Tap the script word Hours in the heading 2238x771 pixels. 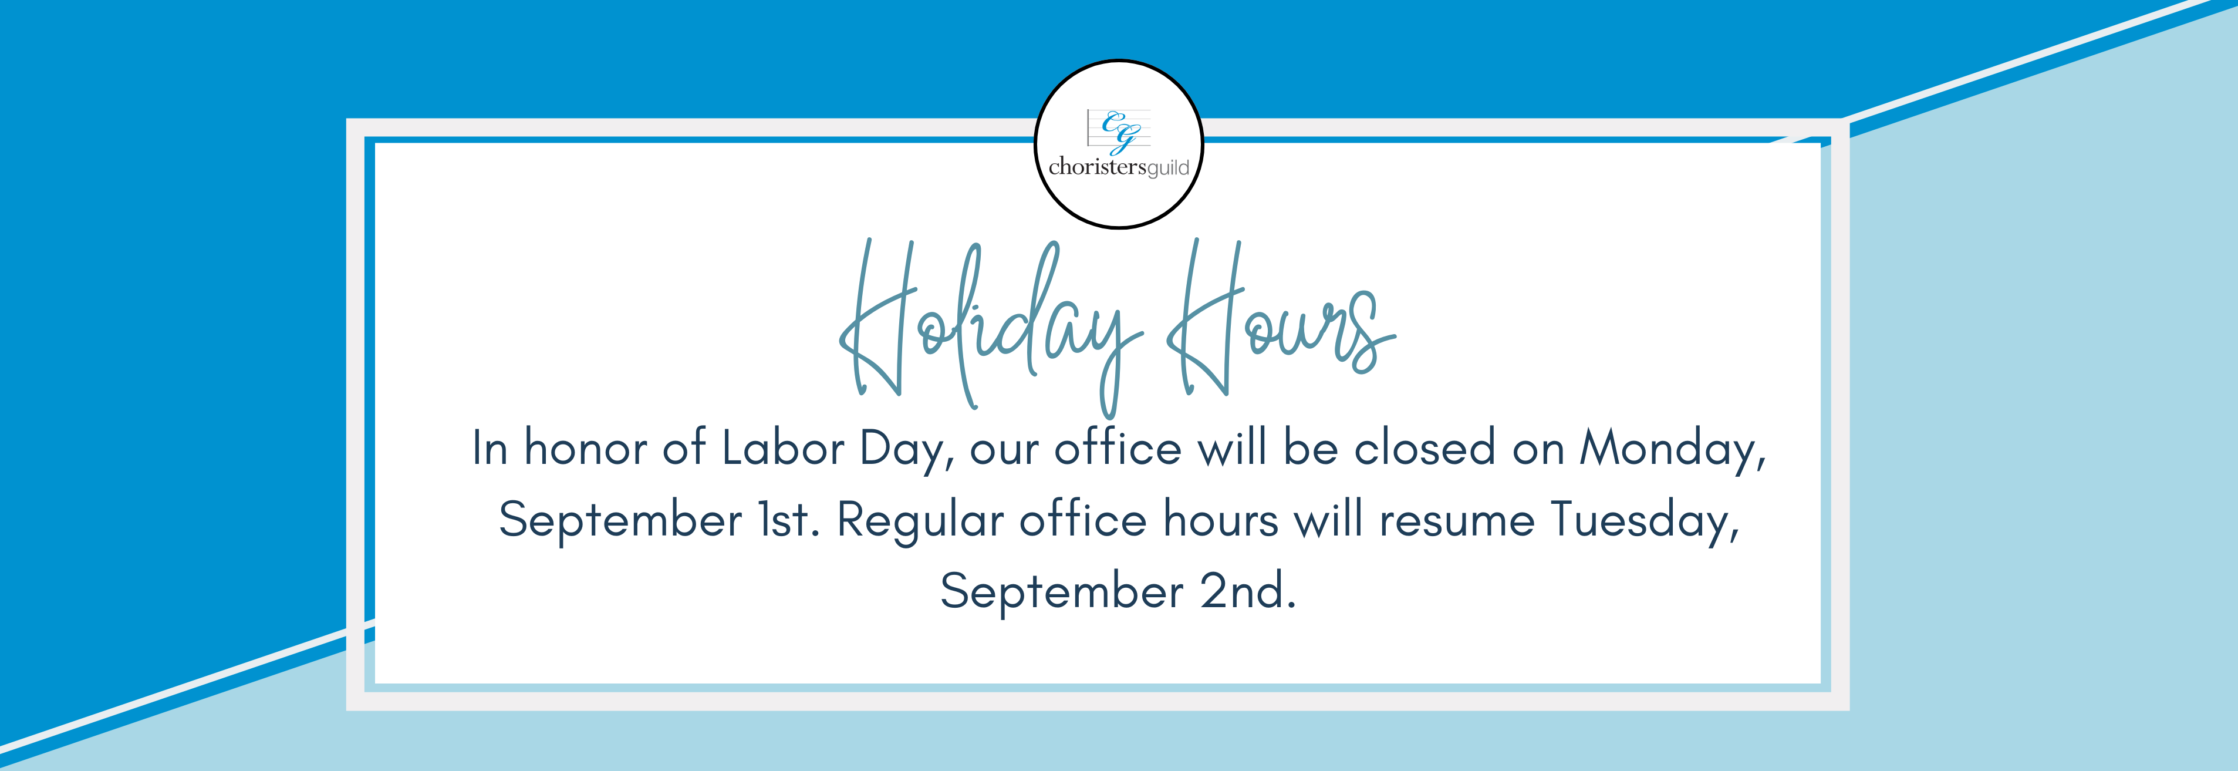pyautogui.click(x=1281, y=317)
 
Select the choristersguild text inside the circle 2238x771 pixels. pyautogui.click(x=1119, y=167)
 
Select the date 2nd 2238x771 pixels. pyautogui.click(x=1248, y=592)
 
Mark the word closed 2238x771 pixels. pyautogui.click(x=1425, y=449)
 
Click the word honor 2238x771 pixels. pyautogui.click(x=586, y=449)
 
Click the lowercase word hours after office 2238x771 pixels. pyautogui.click(x=1221, y=520)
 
